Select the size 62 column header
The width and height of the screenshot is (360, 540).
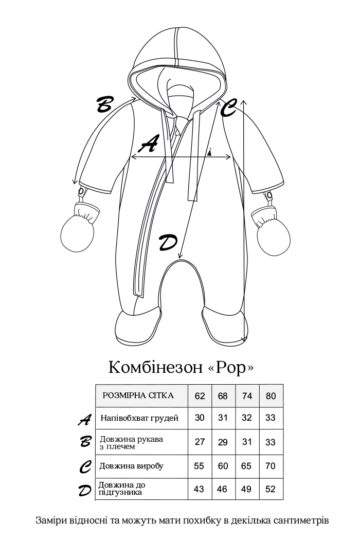[200, 396]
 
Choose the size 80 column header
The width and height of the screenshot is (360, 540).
[271, 396]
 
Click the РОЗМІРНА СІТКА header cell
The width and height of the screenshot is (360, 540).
[138, 395]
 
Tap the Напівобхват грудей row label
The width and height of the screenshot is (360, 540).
[139, 418]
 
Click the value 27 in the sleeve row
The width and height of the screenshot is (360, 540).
[200, 442]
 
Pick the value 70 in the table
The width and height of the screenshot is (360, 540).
[271, 466]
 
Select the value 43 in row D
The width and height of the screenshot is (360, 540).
[200, 489]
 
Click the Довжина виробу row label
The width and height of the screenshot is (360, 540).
[132, 466]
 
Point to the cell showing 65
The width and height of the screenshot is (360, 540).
[246, 466]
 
